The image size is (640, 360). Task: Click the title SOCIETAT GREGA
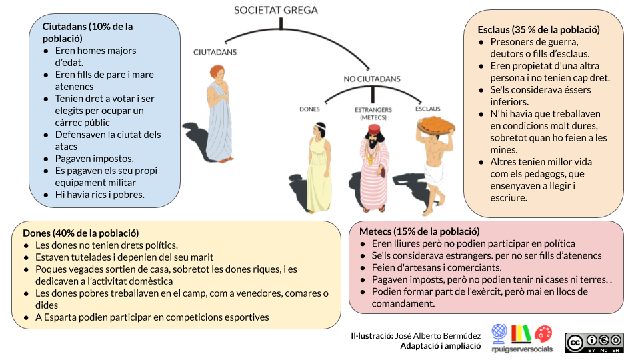click(x=276, y=10)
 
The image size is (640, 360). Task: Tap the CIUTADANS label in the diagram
click(x=215, y=52)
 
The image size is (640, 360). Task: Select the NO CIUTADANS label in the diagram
click(x=372, y=79)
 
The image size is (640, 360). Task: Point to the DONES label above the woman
click(x=310, y=109)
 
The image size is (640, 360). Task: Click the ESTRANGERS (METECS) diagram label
click(x=373, y=113)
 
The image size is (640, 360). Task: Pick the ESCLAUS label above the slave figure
click(x=428, y=109)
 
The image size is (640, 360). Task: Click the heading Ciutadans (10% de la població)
click(x=87, y=33)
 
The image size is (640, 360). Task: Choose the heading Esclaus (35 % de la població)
click(x=539, y=30)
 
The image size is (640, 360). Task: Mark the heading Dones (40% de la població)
click(x=81, y=233)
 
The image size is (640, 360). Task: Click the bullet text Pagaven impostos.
click(x=94, y=159)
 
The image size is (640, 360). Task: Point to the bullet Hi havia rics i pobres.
click(x=99, y=195)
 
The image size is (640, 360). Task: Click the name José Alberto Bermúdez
click(x=438, y=336)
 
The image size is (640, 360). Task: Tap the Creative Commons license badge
click(x=595, y=343)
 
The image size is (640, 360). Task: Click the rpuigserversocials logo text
click(x=522, y=349)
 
